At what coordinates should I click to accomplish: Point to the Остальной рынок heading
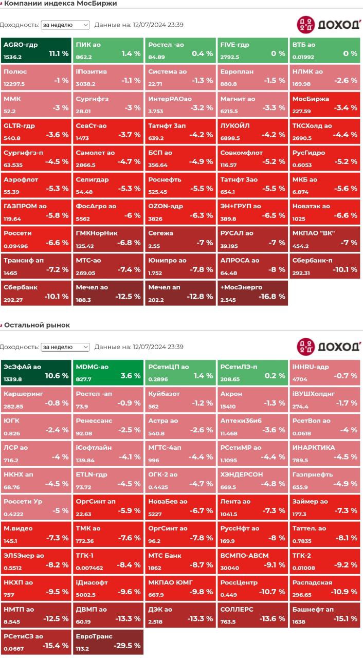pos(37,325)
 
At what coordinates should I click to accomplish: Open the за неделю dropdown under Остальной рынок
pos(65,347)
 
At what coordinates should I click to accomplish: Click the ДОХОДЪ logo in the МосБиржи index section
pos(328,25)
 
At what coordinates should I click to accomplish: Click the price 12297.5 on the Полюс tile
pos(14,84)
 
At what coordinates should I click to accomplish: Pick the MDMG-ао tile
pos(108,371)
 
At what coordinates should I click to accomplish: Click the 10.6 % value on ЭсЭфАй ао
pos(57,376)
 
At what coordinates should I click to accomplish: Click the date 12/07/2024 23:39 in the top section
pos(158,25)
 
